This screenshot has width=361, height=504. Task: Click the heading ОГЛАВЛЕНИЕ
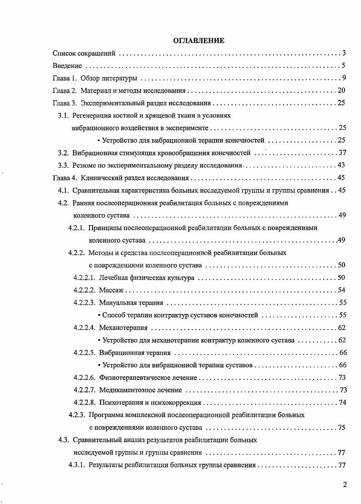199,41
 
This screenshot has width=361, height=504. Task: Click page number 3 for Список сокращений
345,53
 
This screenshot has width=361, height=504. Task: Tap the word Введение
67,66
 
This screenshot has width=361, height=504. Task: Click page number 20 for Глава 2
342,90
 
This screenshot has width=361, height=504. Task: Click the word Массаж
111,290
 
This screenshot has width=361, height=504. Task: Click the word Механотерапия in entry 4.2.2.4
123,327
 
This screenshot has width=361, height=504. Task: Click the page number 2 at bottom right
345,484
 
